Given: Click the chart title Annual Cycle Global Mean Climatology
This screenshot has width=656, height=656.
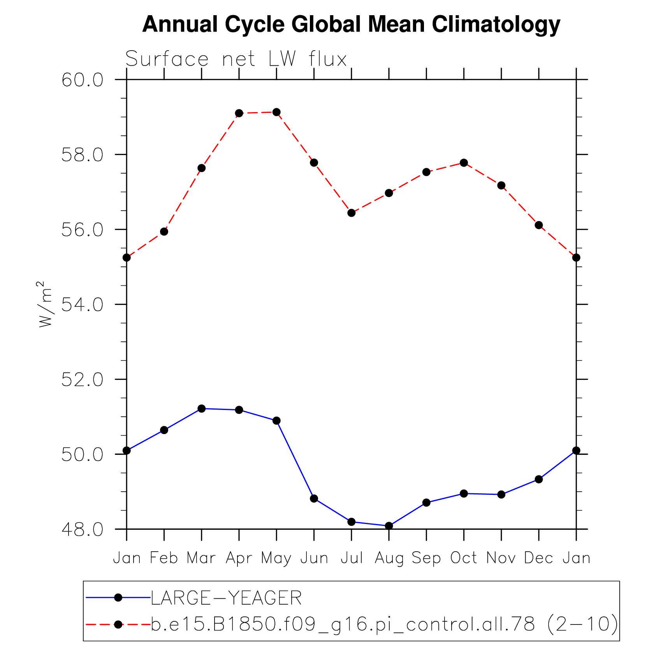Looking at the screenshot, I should (x=351, y=24).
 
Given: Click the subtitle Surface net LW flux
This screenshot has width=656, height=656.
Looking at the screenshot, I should (x=236, y=59).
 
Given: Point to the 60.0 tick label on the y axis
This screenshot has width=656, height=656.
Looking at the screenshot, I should (x=83, y=80).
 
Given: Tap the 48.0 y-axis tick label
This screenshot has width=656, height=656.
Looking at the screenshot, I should (x=83, y=529).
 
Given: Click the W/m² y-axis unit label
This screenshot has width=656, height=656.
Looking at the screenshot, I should (x=45, y=304).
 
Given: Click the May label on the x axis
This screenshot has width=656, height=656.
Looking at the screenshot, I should (x=276, y=558).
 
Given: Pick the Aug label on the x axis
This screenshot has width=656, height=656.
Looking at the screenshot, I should (x=389, y=558).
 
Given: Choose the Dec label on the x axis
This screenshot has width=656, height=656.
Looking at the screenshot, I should (x=538, y=558).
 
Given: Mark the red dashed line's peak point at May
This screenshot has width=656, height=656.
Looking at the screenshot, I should (x=276, y=112).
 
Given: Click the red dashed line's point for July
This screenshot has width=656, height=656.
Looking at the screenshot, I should (x=352, y=213).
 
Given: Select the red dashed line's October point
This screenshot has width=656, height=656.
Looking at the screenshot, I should (x=464, y=163).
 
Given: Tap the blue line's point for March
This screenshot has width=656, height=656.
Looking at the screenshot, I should (x=202, y=408).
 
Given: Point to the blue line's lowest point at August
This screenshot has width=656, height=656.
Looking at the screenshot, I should (x=389, y=526).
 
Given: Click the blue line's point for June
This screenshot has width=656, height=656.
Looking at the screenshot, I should (x=314, y=498).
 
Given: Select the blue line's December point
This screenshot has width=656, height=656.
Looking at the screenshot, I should (x=539, y=479).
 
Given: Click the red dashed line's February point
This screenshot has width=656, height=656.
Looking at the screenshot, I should (x=164, y=232).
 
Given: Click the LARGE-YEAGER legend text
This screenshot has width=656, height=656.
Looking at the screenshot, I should (x=226, y=598).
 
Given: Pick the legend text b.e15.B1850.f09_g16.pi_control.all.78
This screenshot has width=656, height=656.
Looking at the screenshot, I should (x=343, y=624).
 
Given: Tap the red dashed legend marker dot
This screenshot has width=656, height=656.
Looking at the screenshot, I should (x=118, y=624).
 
